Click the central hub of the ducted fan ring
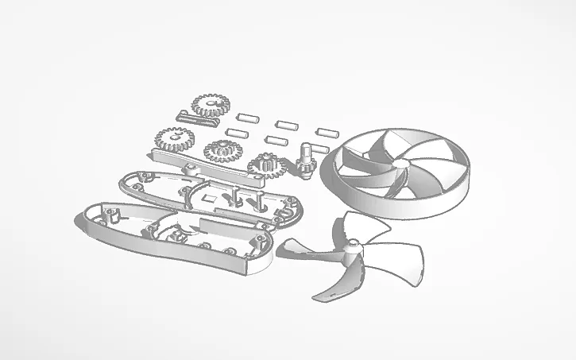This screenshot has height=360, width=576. click(403, 164)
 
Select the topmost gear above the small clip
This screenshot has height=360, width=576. click(210, 104)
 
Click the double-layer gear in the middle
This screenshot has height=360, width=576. click(222, 150)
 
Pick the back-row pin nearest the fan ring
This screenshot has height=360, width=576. click(327, 131)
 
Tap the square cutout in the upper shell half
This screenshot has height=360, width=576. click(210, 195)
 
